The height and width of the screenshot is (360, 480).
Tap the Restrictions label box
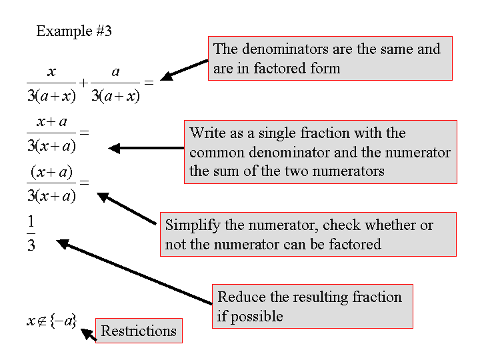coord(139,331)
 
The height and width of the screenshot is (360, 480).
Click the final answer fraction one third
coord(31,233)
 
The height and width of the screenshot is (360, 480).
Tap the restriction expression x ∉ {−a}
coord(51,321)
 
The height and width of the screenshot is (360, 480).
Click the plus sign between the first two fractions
coord(83,83)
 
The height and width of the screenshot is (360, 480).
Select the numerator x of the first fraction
coord(51,70)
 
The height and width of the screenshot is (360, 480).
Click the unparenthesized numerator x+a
coord(53,122)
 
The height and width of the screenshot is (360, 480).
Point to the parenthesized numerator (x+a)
coord(51,172)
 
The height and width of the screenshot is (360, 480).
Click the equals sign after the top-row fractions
coord(149,83)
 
